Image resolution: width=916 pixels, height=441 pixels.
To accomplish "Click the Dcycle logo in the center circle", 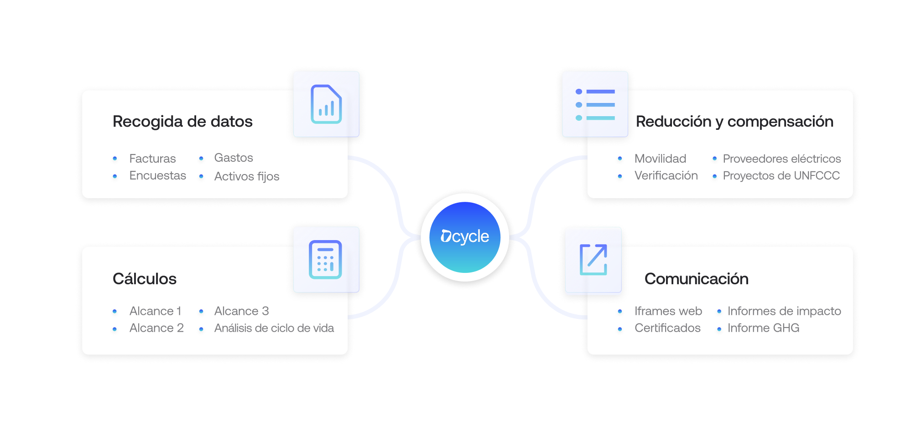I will (x=465, y=237).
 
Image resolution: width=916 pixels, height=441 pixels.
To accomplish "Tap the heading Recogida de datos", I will (x=182, y=122).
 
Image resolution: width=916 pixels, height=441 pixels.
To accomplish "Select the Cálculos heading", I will (x=145, y=279).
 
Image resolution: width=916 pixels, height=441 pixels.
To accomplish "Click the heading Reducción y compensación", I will (x=734, y=122).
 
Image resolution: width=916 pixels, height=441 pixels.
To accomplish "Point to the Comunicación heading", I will (x=696, y=279).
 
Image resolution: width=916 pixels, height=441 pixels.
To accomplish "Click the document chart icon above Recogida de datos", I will (x=326, y=104).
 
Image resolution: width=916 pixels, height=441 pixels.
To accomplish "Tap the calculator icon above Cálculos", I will (x=325, y=260).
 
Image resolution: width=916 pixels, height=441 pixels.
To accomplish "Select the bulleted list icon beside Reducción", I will (x=595, y=105).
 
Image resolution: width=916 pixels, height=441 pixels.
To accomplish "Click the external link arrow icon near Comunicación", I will (x=593, y=260).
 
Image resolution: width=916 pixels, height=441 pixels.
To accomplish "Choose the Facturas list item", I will (x=152, y=159).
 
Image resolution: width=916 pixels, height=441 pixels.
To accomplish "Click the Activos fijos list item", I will (x=247, y=176).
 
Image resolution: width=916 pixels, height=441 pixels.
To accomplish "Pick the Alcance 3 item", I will (x=241, y=311).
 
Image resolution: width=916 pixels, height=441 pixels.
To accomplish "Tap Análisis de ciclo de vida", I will (x=274, y=328).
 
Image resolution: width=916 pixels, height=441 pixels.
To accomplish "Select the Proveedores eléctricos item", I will (x=782, y=159).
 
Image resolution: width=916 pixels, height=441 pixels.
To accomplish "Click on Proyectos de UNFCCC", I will (x=781, y=176).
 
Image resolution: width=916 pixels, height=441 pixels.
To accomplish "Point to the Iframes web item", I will (x=668, y=311).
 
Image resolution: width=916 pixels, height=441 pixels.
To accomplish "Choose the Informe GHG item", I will (x=763, y=328).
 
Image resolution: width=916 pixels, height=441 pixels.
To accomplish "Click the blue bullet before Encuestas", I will (x=115, y=176).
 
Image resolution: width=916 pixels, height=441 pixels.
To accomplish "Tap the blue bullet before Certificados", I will (x=620, y=329).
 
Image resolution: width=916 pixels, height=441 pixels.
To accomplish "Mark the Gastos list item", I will (x=234, y=158).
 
